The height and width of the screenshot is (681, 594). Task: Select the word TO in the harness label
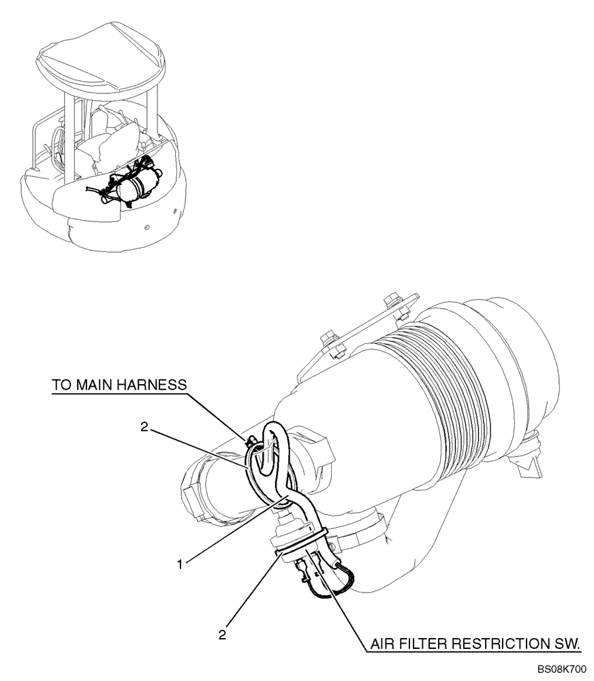tap(61, 385)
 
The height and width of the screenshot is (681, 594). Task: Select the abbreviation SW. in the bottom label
tap(568, 643)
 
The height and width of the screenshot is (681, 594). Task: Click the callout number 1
tap(179, 564)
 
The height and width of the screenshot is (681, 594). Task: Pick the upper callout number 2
tap(143, 426)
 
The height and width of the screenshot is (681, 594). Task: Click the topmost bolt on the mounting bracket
tap(390, 300)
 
